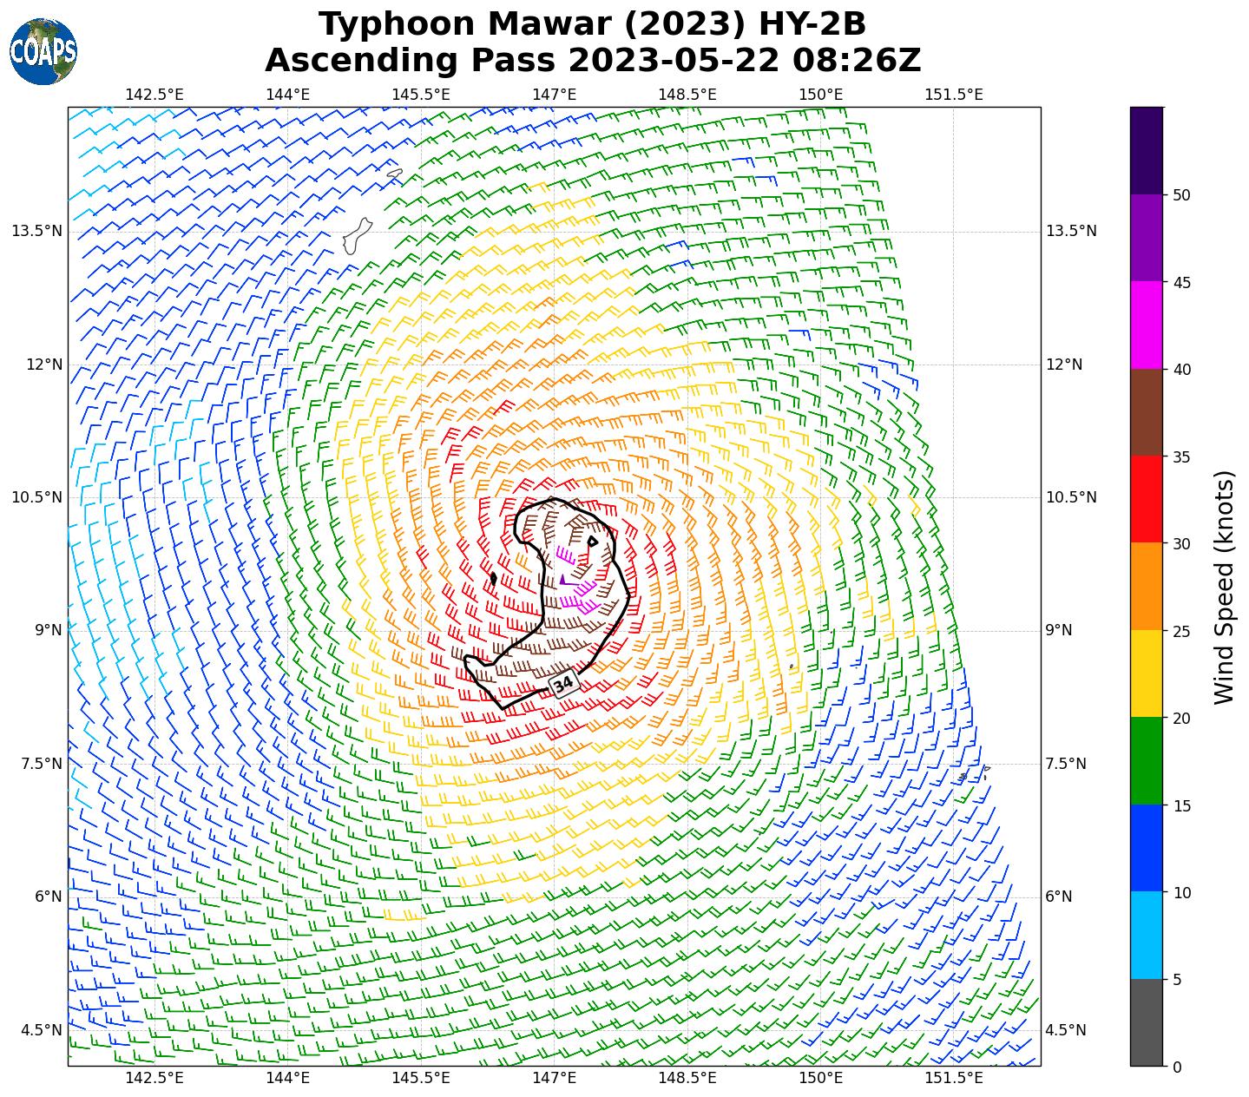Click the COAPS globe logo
tap(43, 51)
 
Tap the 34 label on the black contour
tap(563, 684)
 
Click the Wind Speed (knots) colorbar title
tap(1224, 587)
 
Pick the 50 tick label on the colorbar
tap(1180, 195)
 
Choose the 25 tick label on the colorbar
tap(1180, 631)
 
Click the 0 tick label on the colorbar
tap(1176, 1067)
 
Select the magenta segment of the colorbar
tap(1147, 325)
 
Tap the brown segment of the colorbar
tap(1147, 412)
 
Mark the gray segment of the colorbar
tap(1147, 1022)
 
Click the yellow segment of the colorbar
tap(1147, 673)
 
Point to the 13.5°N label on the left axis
tap(36, 231)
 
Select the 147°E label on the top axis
tap(555, 95)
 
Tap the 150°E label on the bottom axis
tap(821, 1078)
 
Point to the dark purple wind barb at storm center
tap(564, 580)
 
